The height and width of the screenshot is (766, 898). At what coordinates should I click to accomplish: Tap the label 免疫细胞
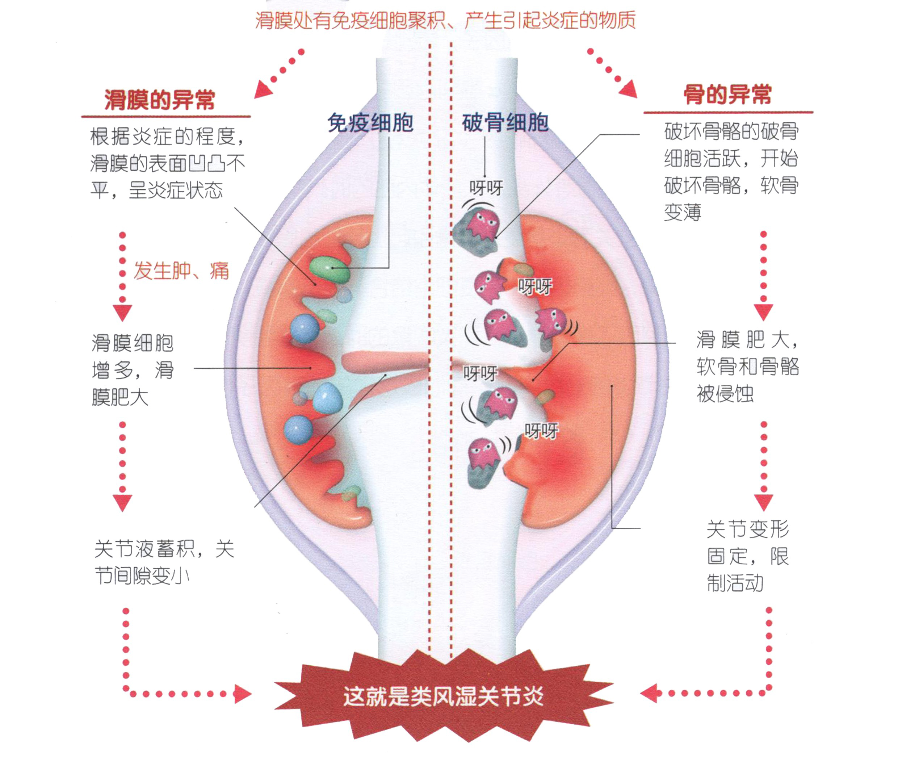tap(370, 123)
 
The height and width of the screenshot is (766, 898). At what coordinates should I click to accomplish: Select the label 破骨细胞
tap(505, 123)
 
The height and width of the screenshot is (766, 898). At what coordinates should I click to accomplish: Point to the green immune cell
tap(330, 269)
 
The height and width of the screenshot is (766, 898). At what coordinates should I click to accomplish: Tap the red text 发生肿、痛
tap(181, 271)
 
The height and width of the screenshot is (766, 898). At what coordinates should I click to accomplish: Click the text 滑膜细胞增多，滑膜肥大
tap(132, 370)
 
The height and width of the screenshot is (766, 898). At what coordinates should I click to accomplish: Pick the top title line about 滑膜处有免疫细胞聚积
tap(445, 20)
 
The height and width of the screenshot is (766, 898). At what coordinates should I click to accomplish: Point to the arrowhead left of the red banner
tap(242, 694)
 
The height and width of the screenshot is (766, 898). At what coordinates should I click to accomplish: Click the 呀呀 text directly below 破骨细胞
tap(486, 188)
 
